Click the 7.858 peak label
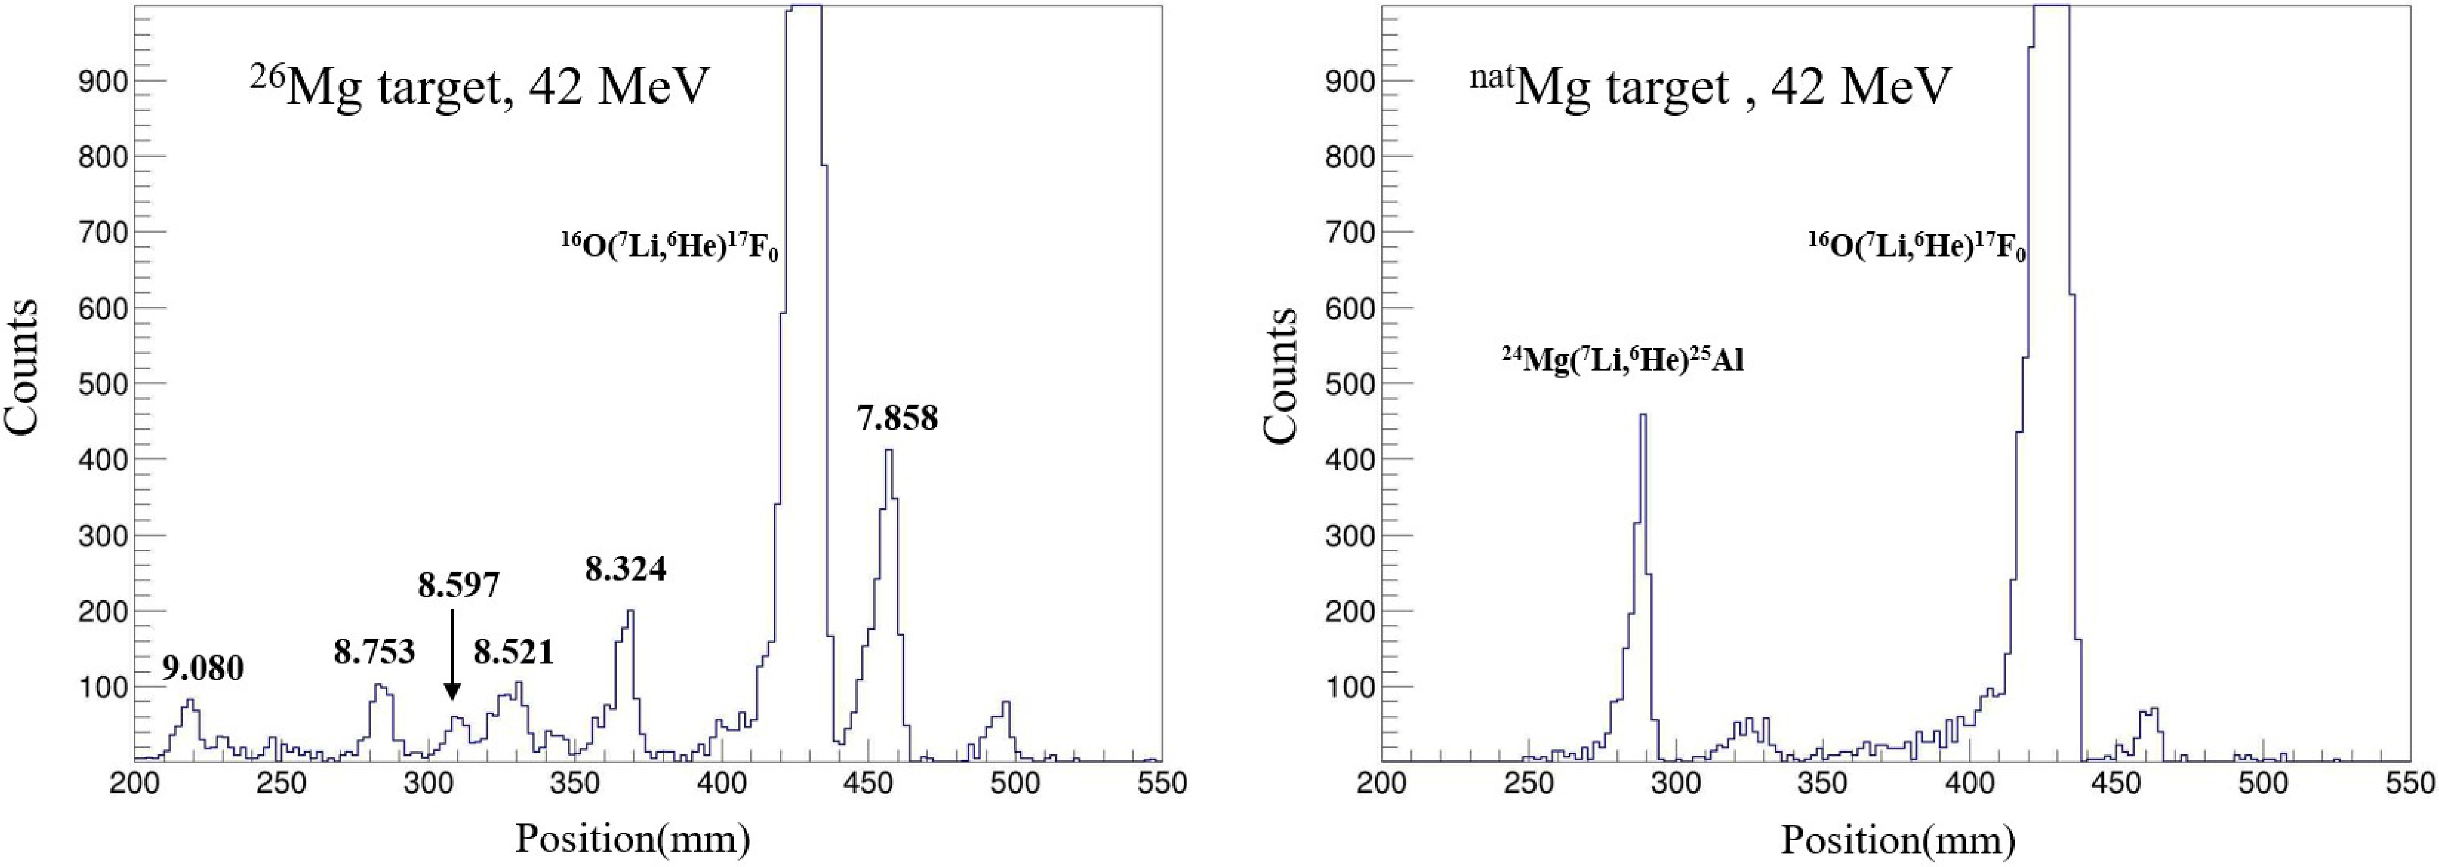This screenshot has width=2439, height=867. coord(897,418)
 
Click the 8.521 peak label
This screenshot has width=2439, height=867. coord(513,652)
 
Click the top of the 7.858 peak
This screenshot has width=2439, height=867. coord(888,451)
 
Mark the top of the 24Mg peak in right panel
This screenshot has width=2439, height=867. coord(1643,415)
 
